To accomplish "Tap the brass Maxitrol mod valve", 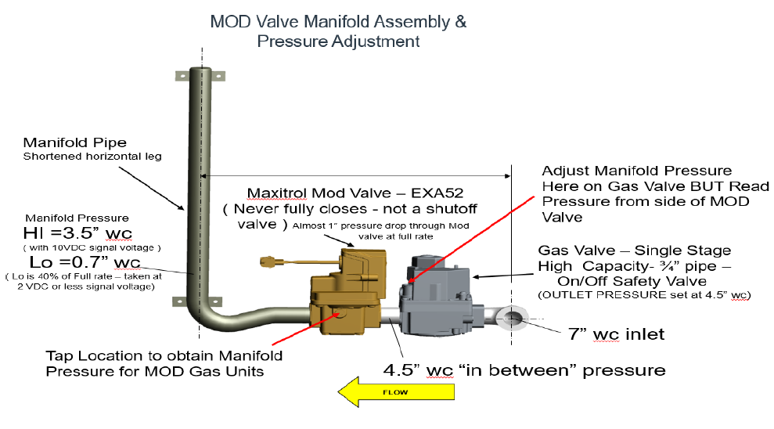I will pos(344,294).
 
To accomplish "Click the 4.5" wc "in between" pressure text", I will pos(524,370).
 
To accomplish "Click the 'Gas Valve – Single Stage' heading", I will pos(635,251).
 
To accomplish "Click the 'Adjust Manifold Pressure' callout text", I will pos(638,170).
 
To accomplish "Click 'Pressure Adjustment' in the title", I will pos(338,41).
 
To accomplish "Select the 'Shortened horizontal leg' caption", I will pos(92,157).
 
